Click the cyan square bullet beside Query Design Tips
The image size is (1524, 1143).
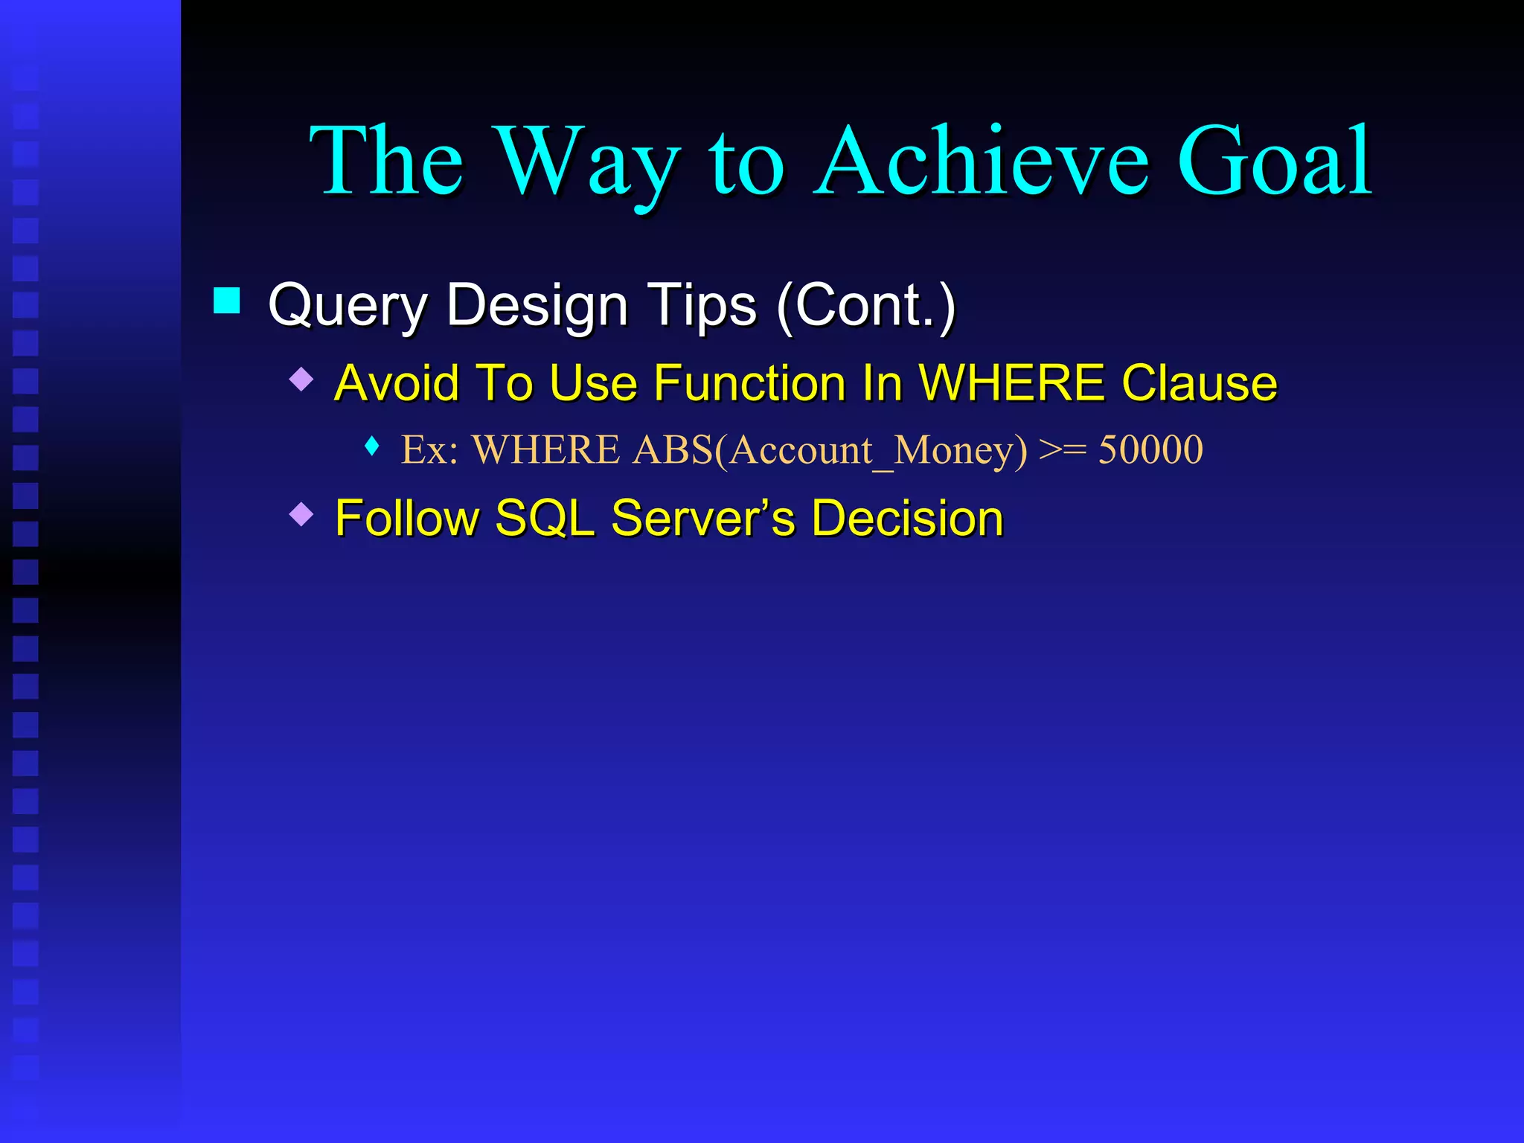coord(226,301)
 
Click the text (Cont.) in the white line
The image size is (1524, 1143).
coord(865,304)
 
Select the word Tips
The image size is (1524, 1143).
coord(702,306)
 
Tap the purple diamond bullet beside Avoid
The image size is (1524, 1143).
coord(301,379)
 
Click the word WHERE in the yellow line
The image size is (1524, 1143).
coord(1012,383)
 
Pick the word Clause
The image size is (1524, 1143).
coord(1199,383)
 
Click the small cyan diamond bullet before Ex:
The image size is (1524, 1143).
coord(373,446)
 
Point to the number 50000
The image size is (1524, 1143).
coord(1150,449)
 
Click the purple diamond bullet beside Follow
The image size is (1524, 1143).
coord(301,513)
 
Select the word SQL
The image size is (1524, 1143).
coord(545,518)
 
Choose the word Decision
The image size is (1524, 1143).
coord(907,518)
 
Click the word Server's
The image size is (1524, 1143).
coord(702,518)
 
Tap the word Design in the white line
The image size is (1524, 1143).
coord(537,306)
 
